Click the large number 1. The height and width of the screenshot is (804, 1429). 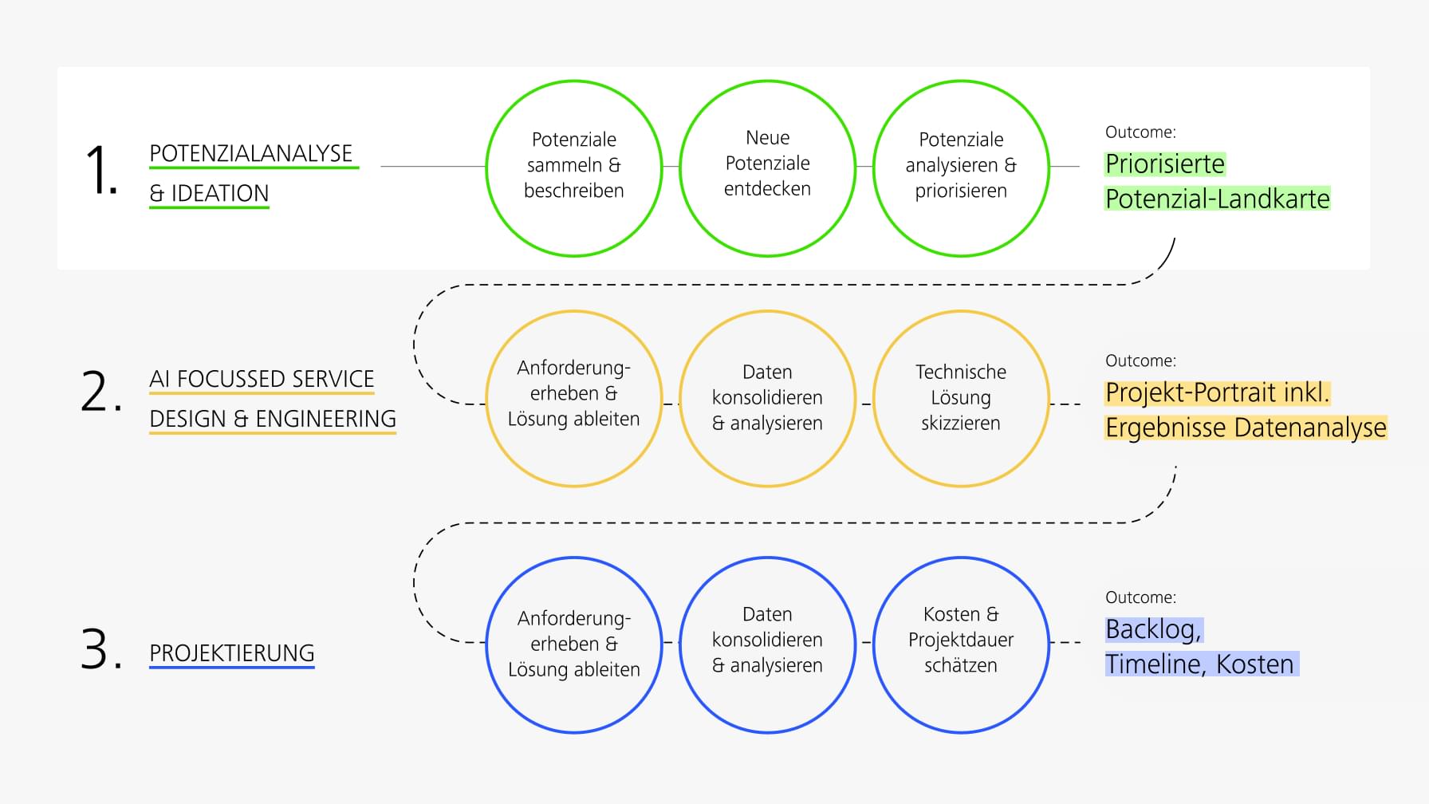(x=100, y=169)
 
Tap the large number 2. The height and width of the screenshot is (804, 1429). (x=100, y=392)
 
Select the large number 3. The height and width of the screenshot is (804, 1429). (x=100, y=649)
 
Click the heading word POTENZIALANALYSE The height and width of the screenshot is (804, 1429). (x=250, y=153)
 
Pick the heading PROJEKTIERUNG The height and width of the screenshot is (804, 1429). (x=231, y=653)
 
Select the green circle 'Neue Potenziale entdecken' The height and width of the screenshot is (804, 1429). (x=767, y=167)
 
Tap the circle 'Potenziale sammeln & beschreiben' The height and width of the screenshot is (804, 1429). (x=573, y=167)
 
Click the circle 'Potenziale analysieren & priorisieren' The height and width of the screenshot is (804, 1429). (x=961, y=167)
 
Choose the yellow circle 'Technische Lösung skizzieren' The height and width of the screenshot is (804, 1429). (x=961, y=398)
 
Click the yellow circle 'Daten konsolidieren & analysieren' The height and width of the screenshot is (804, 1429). (x=767, y=398)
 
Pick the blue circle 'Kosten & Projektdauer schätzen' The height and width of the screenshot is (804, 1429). (x=961, y=644)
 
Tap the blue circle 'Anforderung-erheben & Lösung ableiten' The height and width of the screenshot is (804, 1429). (x=573, y=644)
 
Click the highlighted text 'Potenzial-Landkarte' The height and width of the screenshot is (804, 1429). (x=1217, y=199)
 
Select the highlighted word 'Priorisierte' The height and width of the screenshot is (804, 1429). (x=1164, y=164)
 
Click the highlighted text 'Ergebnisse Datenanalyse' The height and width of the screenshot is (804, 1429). (x=1245, y=428)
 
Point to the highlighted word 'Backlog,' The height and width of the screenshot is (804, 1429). (x=1153, y=629)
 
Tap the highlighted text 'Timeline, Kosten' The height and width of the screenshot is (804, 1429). (x=1200, y=664)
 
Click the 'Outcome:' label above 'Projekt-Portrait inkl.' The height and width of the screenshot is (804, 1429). (x=1140, y=361)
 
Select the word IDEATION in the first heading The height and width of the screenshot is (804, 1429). (x=219, y=193)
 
